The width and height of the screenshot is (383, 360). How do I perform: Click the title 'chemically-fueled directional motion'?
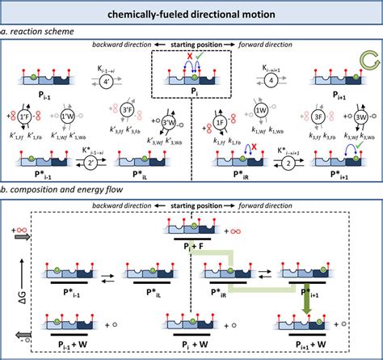[191, 15]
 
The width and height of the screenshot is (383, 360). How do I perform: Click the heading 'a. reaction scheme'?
[39, 30]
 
